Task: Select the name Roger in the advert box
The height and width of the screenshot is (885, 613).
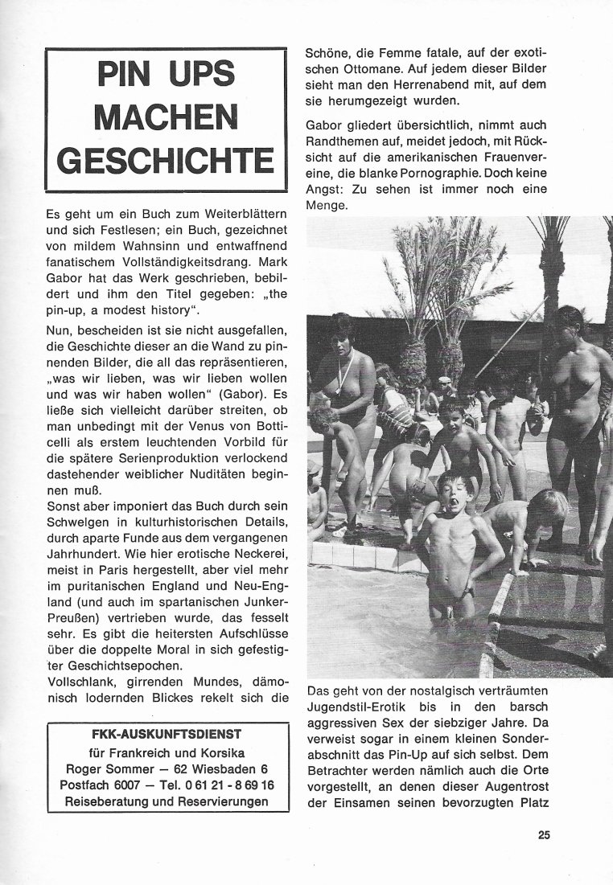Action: pos(86,769)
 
